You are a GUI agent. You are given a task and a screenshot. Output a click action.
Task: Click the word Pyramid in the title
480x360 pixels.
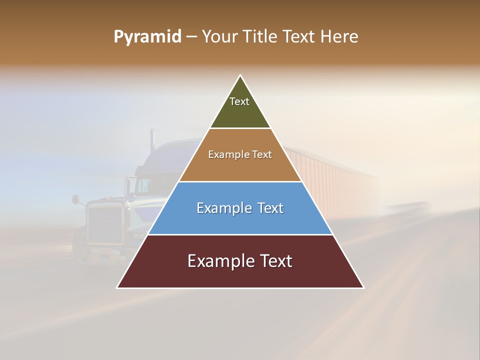coord(147,37)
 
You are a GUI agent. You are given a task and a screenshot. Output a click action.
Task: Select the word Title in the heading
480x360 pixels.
coord(262,37)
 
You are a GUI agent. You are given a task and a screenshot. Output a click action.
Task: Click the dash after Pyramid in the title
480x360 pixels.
coord(191,37)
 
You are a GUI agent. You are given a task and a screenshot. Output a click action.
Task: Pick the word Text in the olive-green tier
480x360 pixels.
coord(239,101)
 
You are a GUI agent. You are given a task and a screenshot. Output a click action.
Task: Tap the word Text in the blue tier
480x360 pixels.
coord(270,208)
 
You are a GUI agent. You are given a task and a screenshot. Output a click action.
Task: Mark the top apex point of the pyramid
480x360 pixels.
coord(240,75)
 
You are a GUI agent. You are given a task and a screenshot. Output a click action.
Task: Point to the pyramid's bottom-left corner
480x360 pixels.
coord(117,288)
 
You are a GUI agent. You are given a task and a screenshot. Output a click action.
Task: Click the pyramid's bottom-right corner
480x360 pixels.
coord(364,288)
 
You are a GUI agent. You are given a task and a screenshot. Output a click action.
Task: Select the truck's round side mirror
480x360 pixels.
coord(75,199)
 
